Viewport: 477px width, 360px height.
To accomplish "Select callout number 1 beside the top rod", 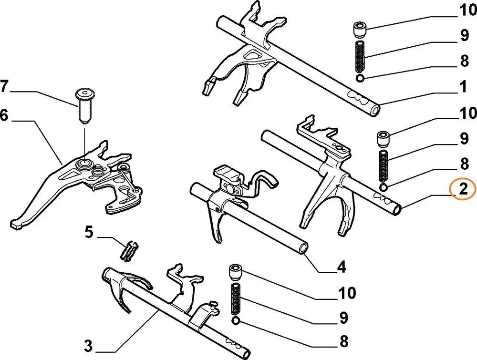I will (462, 87).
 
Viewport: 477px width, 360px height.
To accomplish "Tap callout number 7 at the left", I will (4, 87).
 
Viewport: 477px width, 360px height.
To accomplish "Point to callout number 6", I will (4, 116).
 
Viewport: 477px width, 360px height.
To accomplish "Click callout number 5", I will (89, 233).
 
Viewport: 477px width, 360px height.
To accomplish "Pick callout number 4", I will (342, 267).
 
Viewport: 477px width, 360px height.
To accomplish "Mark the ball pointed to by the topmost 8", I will (360, 78).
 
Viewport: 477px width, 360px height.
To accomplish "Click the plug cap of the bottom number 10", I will (235, 272).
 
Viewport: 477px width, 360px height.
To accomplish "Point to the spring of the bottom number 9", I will (236, 298).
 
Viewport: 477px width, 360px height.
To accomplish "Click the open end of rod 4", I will (303, 248).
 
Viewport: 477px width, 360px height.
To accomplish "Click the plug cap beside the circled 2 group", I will (384, 139).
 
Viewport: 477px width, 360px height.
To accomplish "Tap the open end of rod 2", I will (396, 208).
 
